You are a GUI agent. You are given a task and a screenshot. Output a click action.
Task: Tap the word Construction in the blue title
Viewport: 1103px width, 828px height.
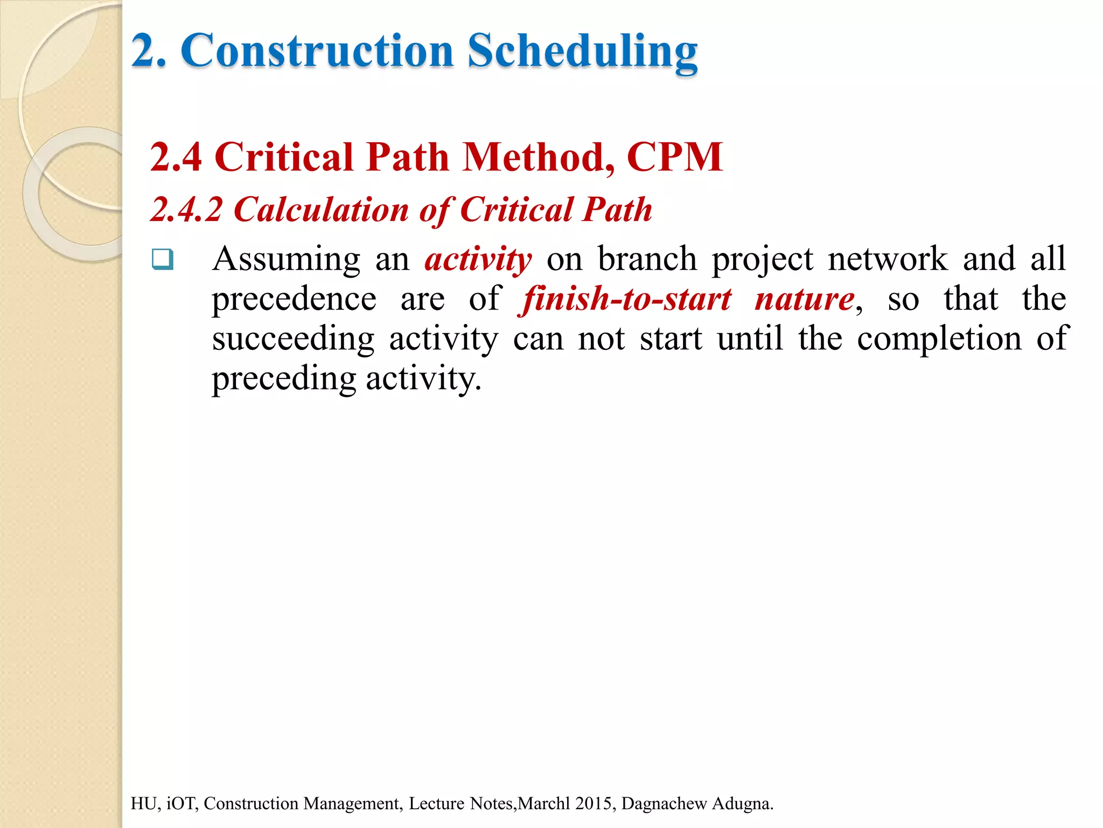317,51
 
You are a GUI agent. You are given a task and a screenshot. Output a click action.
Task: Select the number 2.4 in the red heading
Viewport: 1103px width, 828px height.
176,157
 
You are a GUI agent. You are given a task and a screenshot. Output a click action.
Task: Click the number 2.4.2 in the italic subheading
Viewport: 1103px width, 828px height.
186,210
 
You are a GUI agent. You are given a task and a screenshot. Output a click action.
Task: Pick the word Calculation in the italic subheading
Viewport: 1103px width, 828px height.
321,210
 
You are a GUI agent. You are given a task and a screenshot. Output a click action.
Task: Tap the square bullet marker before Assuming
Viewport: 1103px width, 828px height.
162,259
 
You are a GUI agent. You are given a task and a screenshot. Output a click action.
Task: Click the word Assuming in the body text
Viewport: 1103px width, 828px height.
286,259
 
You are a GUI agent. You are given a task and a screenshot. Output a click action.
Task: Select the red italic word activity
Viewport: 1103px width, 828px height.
478,259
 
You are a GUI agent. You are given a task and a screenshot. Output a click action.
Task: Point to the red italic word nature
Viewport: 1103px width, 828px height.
804,299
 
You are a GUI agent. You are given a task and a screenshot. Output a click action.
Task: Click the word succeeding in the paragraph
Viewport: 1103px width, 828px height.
293,339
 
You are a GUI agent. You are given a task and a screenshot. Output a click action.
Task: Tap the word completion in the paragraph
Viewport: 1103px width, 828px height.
939,339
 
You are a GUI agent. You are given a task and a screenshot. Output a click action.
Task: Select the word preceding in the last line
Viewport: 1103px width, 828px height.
284,378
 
